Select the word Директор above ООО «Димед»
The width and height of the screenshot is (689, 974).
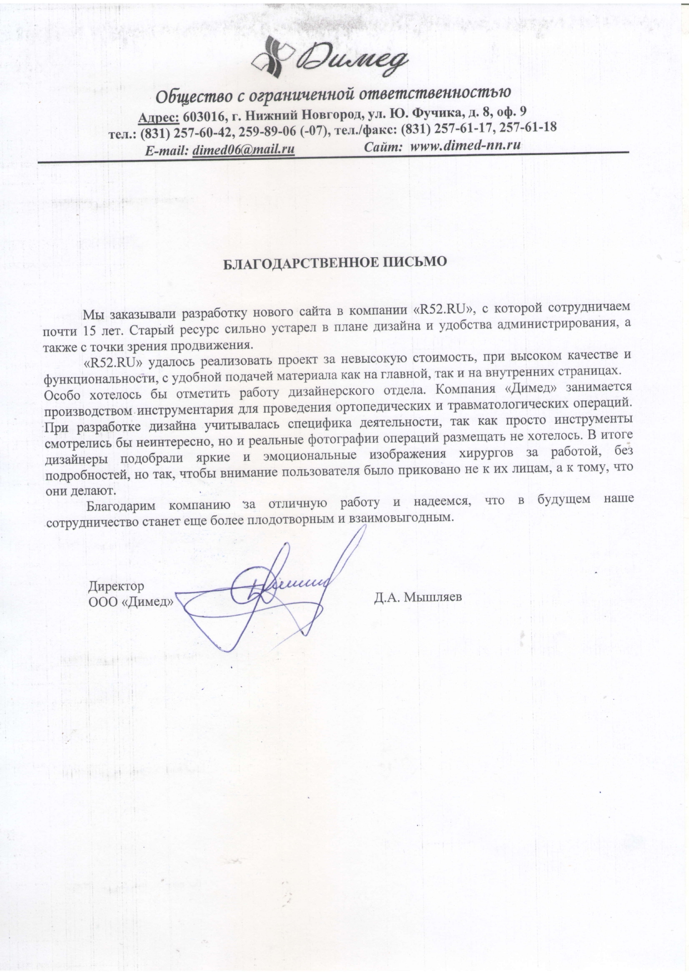point(116,586)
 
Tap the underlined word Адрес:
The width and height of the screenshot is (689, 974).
point(158,117)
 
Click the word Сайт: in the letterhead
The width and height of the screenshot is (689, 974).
point(383,147)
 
